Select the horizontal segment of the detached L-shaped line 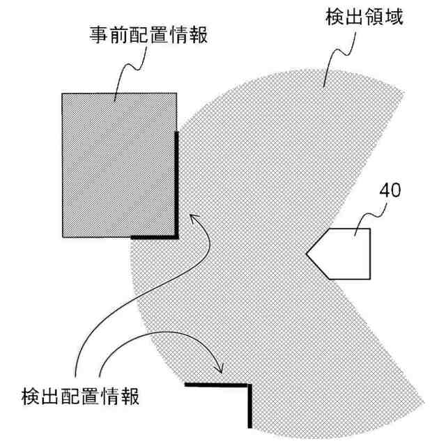(216, 385)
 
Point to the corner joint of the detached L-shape (249, 385)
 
